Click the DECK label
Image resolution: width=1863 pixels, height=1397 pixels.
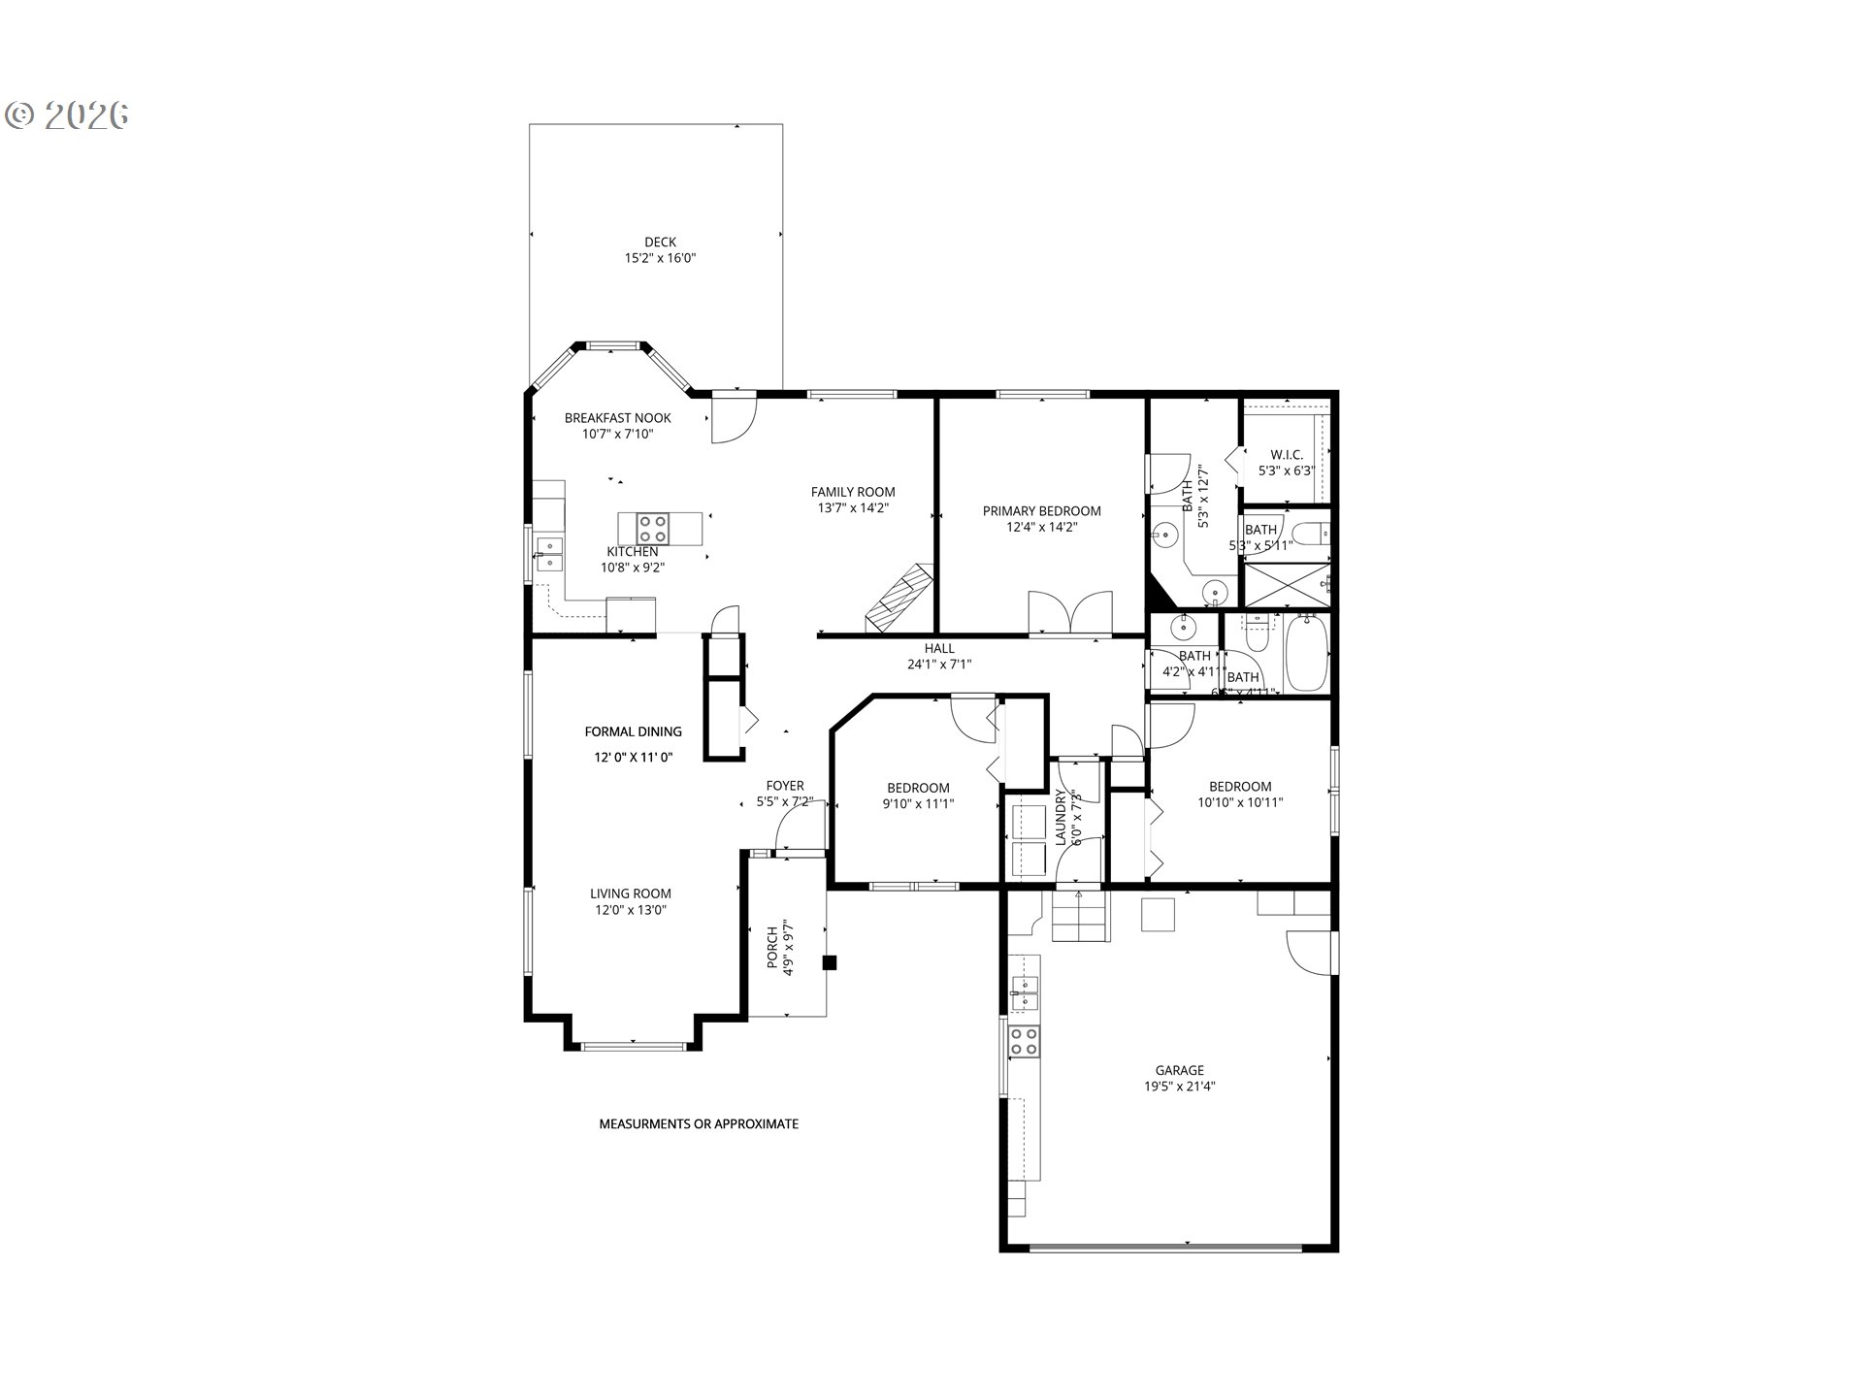click(660, 243)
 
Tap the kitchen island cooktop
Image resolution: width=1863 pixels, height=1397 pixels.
click(652, 530)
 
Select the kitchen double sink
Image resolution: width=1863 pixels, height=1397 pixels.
click(549, 554)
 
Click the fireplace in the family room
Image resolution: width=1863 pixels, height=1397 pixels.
click(899, 598)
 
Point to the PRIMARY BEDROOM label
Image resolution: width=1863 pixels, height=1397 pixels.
click(1041, 511)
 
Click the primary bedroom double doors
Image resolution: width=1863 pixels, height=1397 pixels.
click(1069, 613)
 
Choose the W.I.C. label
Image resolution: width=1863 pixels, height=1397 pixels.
click(1286, 455)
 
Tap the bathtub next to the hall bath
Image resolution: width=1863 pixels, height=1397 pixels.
click(1306, 655)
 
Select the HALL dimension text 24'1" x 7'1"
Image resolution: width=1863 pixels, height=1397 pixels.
click(938, 665)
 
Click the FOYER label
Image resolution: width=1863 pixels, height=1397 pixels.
click(784, 786)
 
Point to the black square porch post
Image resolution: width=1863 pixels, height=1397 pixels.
click(830, 962)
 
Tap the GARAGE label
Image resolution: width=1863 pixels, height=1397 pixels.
click(1179, 1070)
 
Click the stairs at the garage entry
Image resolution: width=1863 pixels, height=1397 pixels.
click(1080, 918)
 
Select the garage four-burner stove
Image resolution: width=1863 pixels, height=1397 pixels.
click(1023, 1042)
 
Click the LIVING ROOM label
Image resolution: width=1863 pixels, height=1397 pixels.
click(631, 893)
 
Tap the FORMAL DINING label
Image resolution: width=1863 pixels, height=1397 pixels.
click(633, 731)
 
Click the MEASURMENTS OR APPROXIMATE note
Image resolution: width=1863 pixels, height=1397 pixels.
click(699, 1123)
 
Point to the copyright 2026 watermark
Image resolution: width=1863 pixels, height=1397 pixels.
click(68, 114)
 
